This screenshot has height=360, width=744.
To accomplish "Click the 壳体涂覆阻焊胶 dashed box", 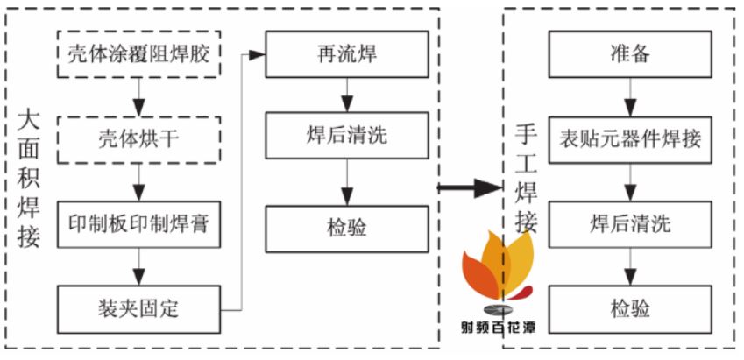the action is click(x=138, y=54).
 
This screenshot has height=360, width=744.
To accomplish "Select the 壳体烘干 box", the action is click(x=138, y=140).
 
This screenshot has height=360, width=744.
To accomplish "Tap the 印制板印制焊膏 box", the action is click(x=138, y=224).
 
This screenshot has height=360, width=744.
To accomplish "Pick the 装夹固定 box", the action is click(x=138, y=309).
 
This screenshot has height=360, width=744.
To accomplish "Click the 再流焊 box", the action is click(x=347, y=54).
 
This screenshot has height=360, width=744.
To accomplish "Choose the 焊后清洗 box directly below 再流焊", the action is click(x=347, y=136).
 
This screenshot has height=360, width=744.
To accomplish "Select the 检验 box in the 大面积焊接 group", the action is click(x=347, y=229).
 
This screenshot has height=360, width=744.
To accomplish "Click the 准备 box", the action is click(x=630, y=54).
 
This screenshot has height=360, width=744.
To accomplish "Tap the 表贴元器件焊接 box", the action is click(x=630, y=140).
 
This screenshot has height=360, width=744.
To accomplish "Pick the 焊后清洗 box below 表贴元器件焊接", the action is click(x=630, y=224).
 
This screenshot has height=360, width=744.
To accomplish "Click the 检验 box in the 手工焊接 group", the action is click(x=630, y=309).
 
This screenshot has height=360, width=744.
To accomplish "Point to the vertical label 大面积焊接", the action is click(x=28, y=180).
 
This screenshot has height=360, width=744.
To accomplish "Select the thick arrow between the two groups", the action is click(x=469, y=188).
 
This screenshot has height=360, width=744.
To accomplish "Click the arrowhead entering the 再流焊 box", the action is click(x=257, y=55).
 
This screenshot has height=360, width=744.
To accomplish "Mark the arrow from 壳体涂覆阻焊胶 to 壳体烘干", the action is click(x=138, y=97).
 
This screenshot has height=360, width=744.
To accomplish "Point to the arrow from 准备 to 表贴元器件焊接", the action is click(x=630, y=97).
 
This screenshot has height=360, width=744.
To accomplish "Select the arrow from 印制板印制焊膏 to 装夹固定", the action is click(x=138, y=266).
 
